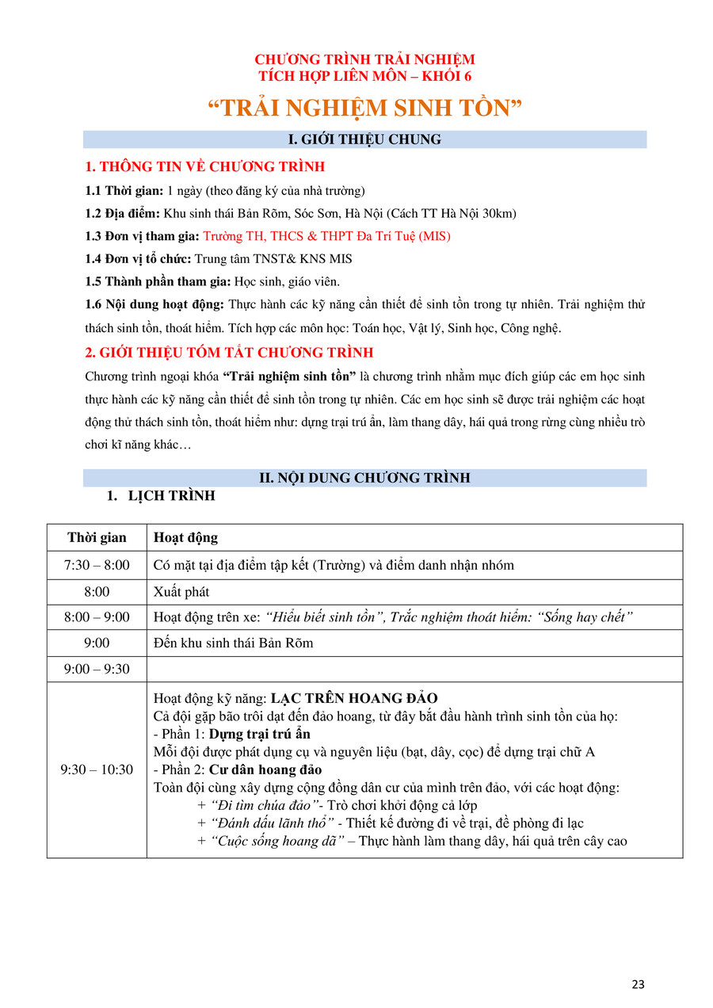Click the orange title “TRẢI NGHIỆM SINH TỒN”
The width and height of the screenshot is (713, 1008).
(364, 109)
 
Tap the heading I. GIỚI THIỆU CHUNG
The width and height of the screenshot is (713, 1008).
(364, 139)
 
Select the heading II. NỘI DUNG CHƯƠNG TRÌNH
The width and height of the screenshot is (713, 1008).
(364, 478)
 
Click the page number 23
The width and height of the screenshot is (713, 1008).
(639, 984)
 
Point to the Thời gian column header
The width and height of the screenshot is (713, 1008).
(97, 537)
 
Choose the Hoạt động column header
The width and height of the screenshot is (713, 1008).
(185, 537)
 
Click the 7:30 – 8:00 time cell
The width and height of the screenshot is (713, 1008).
(97, 565)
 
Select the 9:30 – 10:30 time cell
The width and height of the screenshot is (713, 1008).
(97, 769)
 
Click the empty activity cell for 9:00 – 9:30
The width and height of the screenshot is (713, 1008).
(414, 669)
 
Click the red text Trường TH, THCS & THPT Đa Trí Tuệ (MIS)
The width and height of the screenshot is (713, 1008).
(326, 236)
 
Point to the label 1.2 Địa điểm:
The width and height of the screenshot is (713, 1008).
(122, 213)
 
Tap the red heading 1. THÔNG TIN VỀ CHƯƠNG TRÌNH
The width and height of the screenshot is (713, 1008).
(204, 166)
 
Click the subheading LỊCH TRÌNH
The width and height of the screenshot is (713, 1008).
(171, 497)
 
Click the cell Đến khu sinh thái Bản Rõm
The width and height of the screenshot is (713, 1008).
(233, 643)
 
